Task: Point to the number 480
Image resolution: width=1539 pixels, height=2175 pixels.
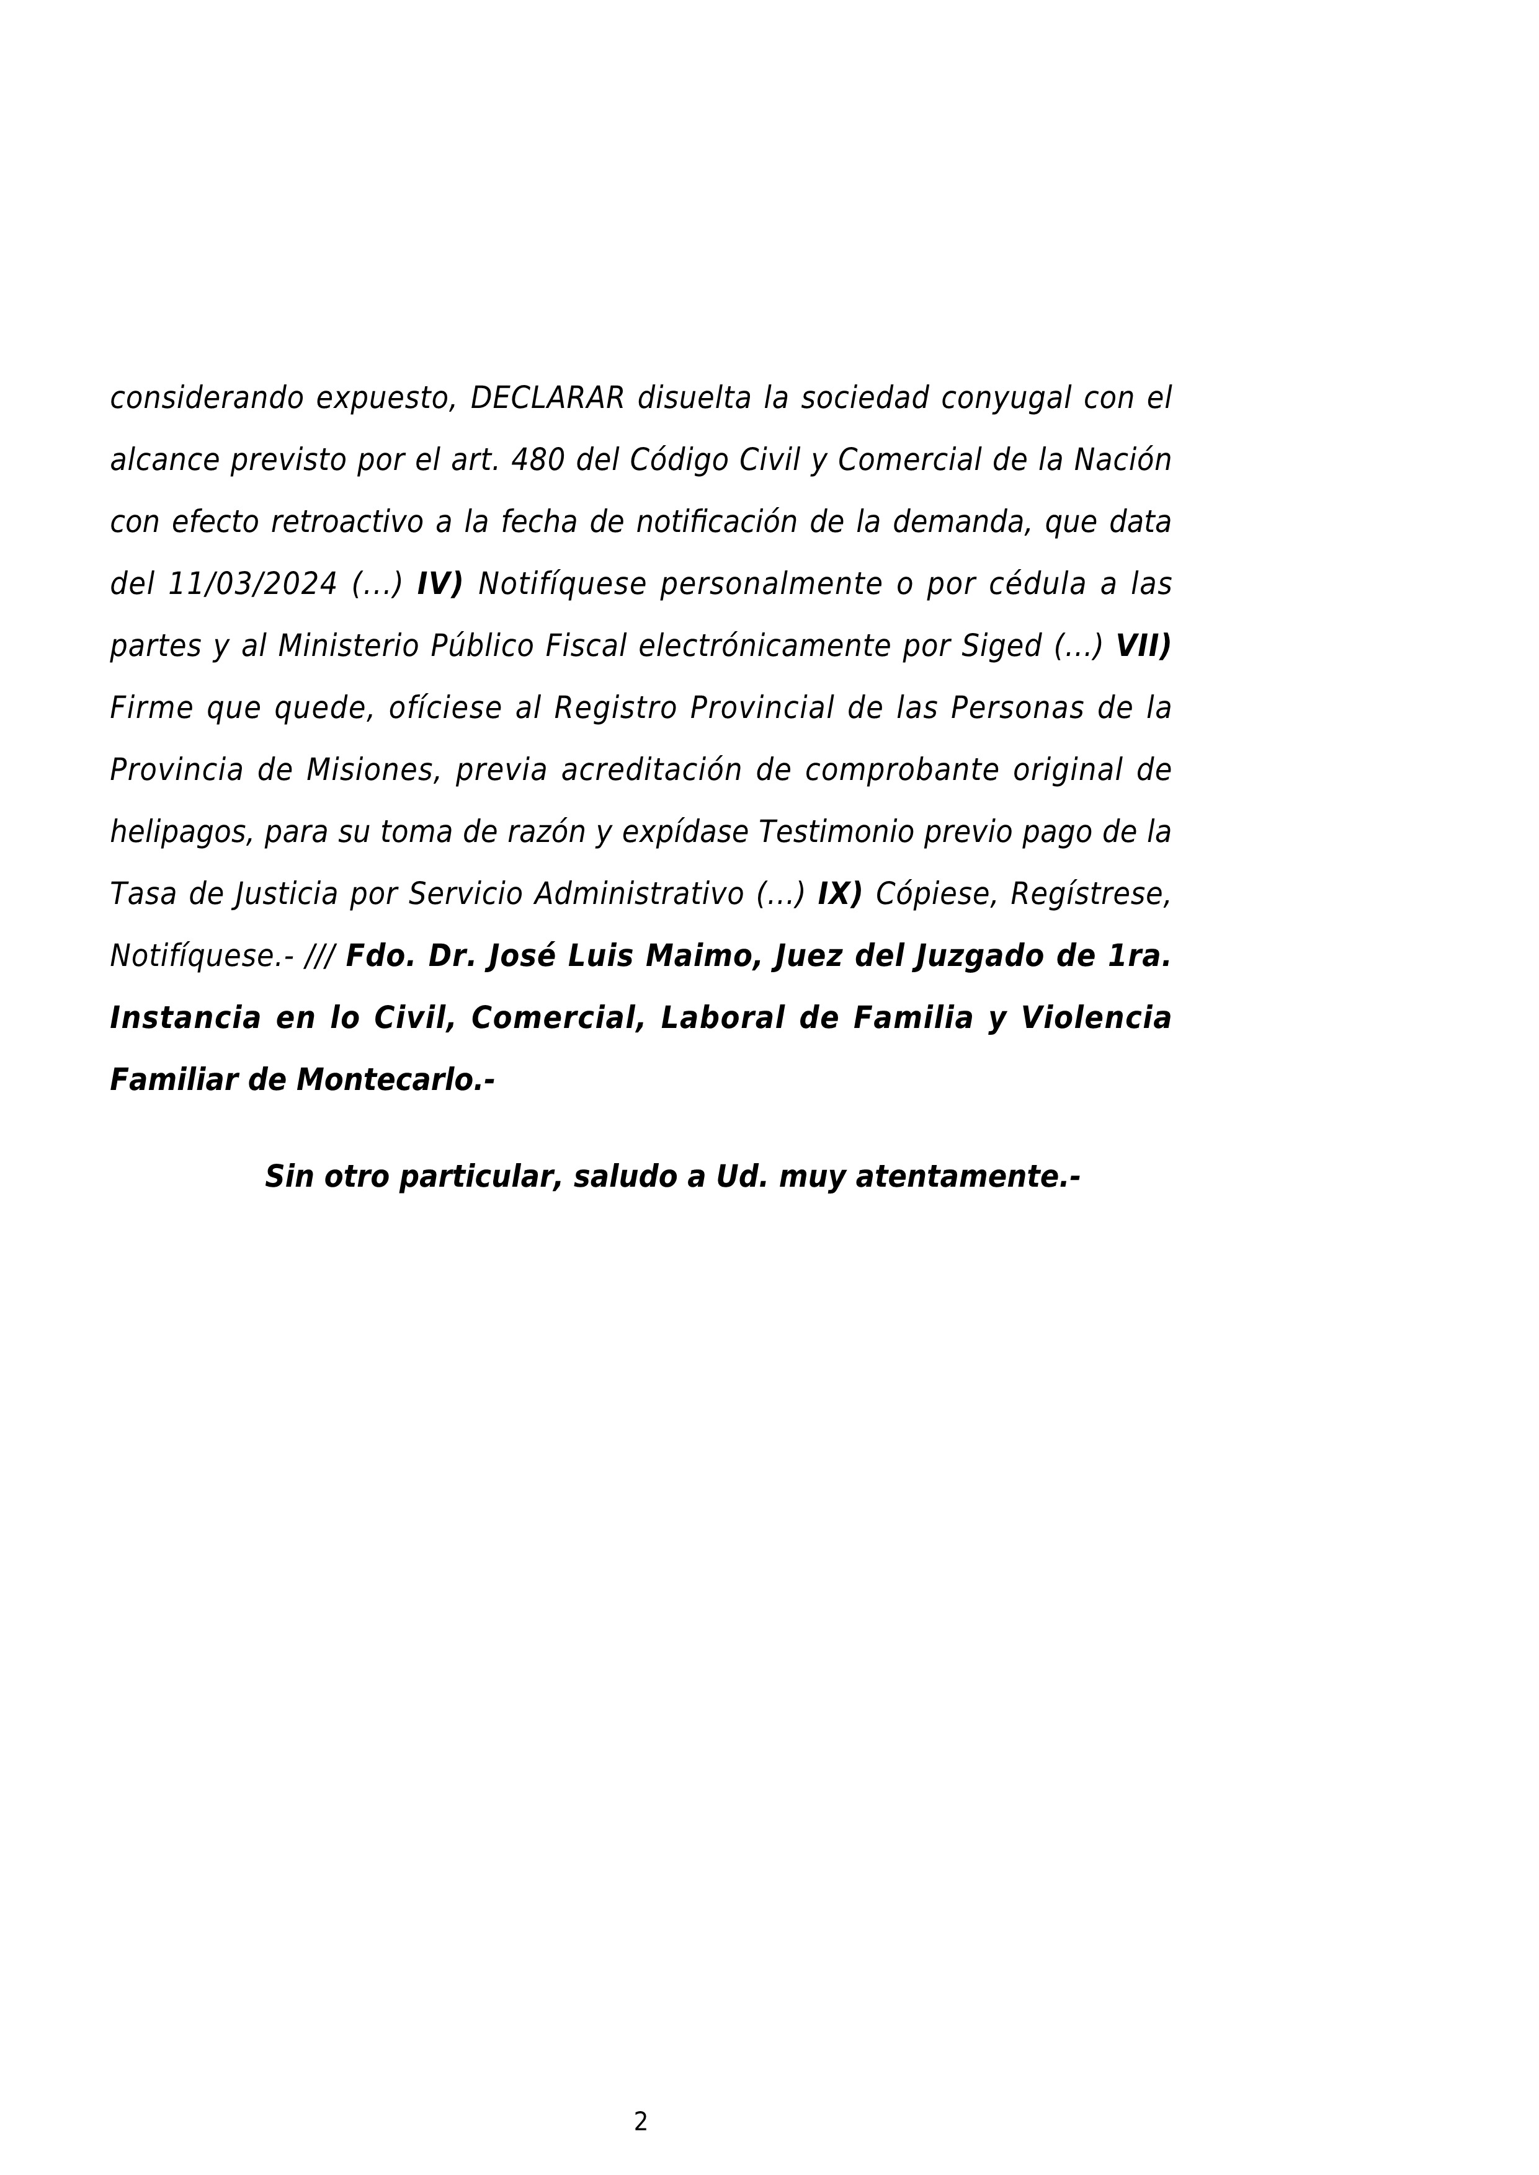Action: pos(537,461)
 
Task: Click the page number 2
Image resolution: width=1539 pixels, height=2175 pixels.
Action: pos(641,2122)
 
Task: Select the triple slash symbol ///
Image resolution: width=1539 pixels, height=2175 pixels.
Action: pos(319,957)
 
